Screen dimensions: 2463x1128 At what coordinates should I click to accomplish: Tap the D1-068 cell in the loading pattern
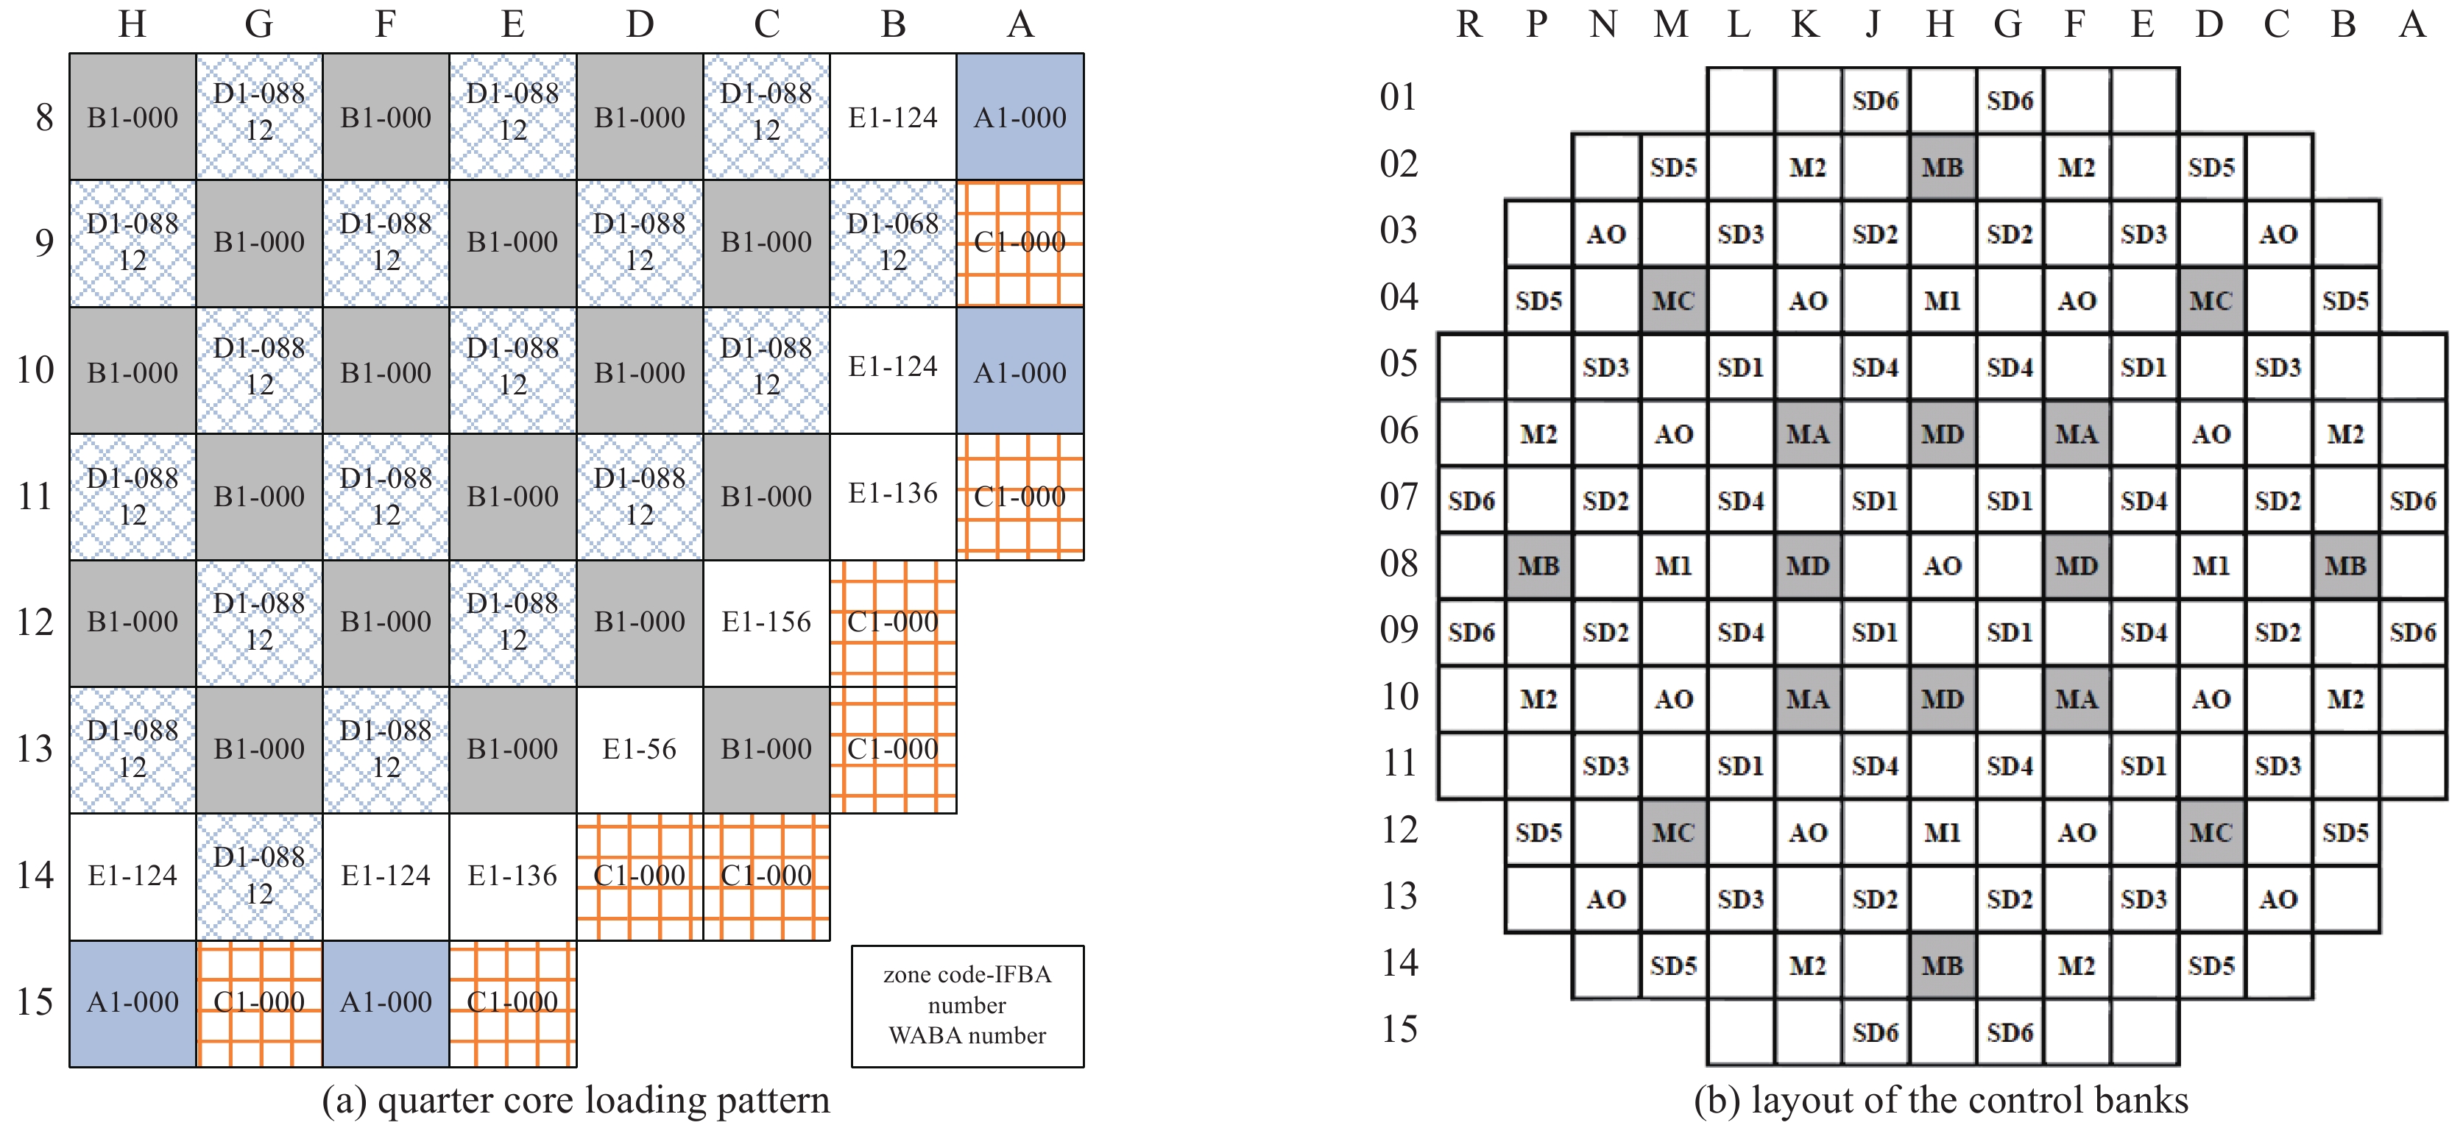pyautogui.click(x=893, y=243)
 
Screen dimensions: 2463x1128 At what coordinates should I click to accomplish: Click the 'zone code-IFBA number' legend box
pyautogui.click(x=967, y=1006)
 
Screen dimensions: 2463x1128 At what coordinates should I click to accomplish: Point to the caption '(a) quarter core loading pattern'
pyautogui.click(x=576, y=1100)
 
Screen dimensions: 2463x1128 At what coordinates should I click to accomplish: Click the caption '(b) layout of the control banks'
pyautogui.click(x=1941, y=1100)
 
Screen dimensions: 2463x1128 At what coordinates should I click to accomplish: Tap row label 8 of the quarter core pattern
pyautogui.click(x=44, y=118)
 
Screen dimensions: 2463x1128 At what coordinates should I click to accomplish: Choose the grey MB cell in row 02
pyautogui.click(x=1943, y=167)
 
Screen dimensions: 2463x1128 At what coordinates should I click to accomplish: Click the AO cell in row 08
pyautogui.click(x=1943, y=566)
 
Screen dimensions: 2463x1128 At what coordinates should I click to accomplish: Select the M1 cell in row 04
pyautogui.click(x=1943, y=301)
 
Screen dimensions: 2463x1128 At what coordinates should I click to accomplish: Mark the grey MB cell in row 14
pyautogui.click(x=1943, y=965)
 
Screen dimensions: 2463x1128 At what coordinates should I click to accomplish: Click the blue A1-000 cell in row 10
pyautogui.click(x=1020, y=371)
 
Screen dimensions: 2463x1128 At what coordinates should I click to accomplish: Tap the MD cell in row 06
pyautogui.click(x=1943, y=434)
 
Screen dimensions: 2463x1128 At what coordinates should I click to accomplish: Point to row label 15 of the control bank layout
pyautogui.click(x=1399, y=1029)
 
